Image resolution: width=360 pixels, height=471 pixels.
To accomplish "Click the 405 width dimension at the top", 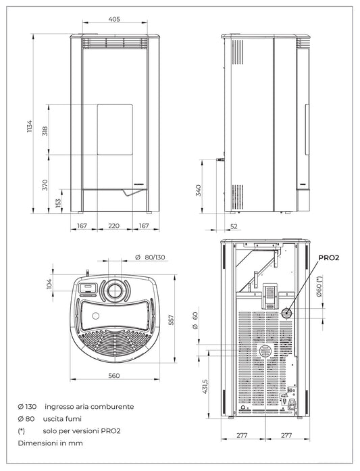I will (x=114, y=20).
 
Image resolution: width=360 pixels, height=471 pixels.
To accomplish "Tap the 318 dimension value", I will (x=45, y=130).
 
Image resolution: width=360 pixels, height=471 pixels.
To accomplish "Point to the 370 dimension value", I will (x=45, y=184).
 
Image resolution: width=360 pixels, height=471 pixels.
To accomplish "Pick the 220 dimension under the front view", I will (x=113, y=226).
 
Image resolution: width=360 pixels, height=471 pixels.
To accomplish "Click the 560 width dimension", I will (x=113, y=376).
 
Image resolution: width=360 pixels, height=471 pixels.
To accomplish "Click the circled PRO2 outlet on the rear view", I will (x=286, y=313).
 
